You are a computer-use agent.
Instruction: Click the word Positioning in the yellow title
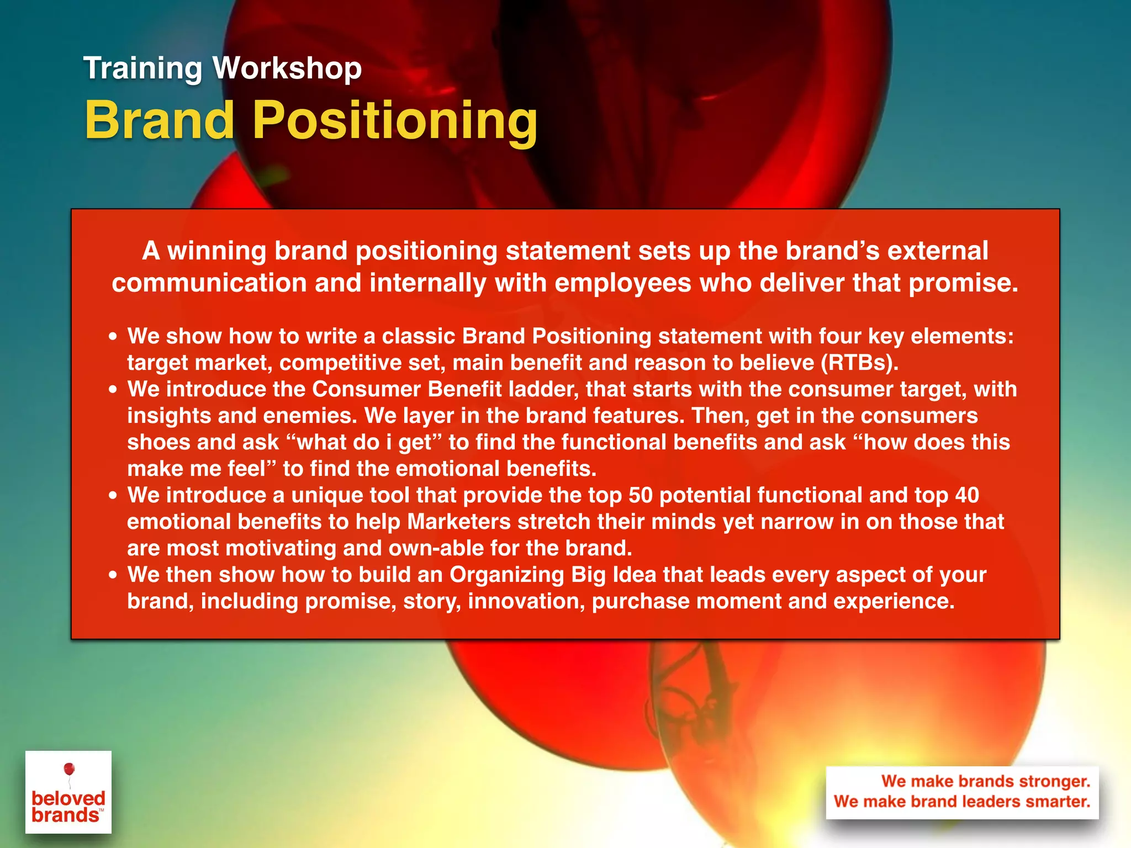[394, 121]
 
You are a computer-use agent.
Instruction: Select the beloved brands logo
[68, 792]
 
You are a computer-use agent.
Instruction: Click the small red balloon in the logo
[69, 768]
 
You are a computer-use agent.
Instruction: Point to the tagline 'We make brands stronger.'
[985, 781]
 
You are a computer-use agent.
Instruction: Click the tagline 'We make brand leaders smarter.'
[961, 801]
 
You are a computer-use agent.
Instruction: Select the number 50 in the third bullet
[641, 495]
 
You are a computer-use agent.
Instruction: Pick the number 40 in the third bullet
[967, 495]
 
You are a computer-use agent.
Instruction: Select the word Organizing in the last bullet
[506, 575]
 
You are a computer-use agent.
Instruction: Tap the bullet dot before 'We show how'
[113, 337]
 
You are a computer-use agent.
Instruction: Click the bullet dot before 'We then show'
[113, 575]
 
